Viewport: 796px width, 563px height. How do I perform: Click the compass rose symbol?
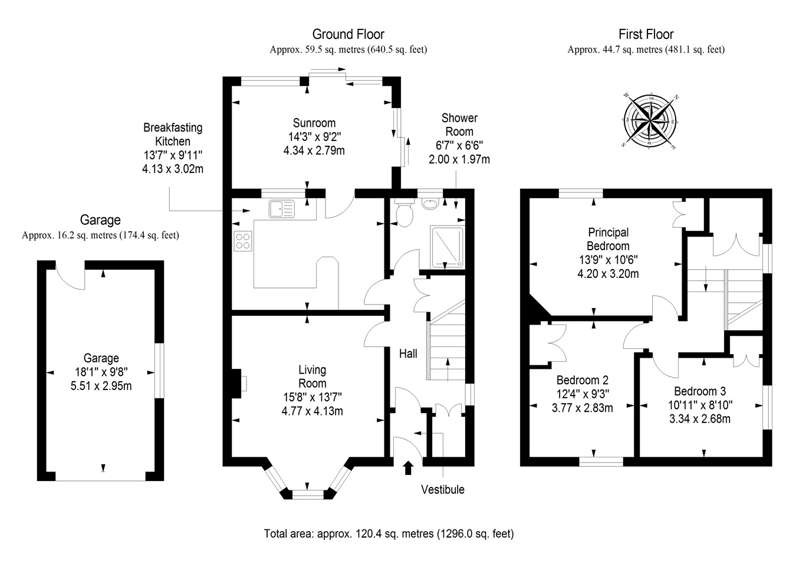coord(648,120)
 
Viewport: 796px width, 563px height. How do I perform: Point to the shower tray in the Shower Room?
coord(448,246)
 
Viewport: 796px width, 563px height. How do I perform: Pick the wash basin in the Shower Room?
coord(431,204)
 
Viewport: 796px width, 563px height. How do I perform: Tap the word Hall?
coord(408,353)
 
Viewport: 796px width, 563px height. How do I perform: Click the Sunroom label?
coord(314,123)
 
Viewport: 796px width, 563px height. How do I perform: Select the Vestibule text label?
coord(442,490)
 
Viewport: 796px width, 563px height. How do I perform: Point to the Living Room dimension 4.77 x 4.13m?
coord(313,411)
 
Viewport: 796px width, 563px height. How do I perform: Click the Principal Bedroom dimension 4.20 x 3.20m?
coord(608,274)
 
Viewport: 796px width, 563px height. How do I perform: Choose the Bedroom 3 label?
coord(700,391)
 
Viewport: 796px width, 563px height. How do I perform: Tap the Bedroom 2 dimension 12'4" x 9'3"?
coord(583,394)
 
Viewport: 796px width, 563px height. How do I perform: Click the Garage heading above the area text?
coord(100,220)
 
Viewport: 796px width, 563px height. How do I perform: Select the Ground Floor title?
coord(348,34)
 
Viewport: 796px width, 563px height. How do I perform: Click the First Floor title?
coord(646,34)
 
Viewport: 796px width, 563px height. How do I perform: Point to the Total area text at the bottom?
coord(389,534)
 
